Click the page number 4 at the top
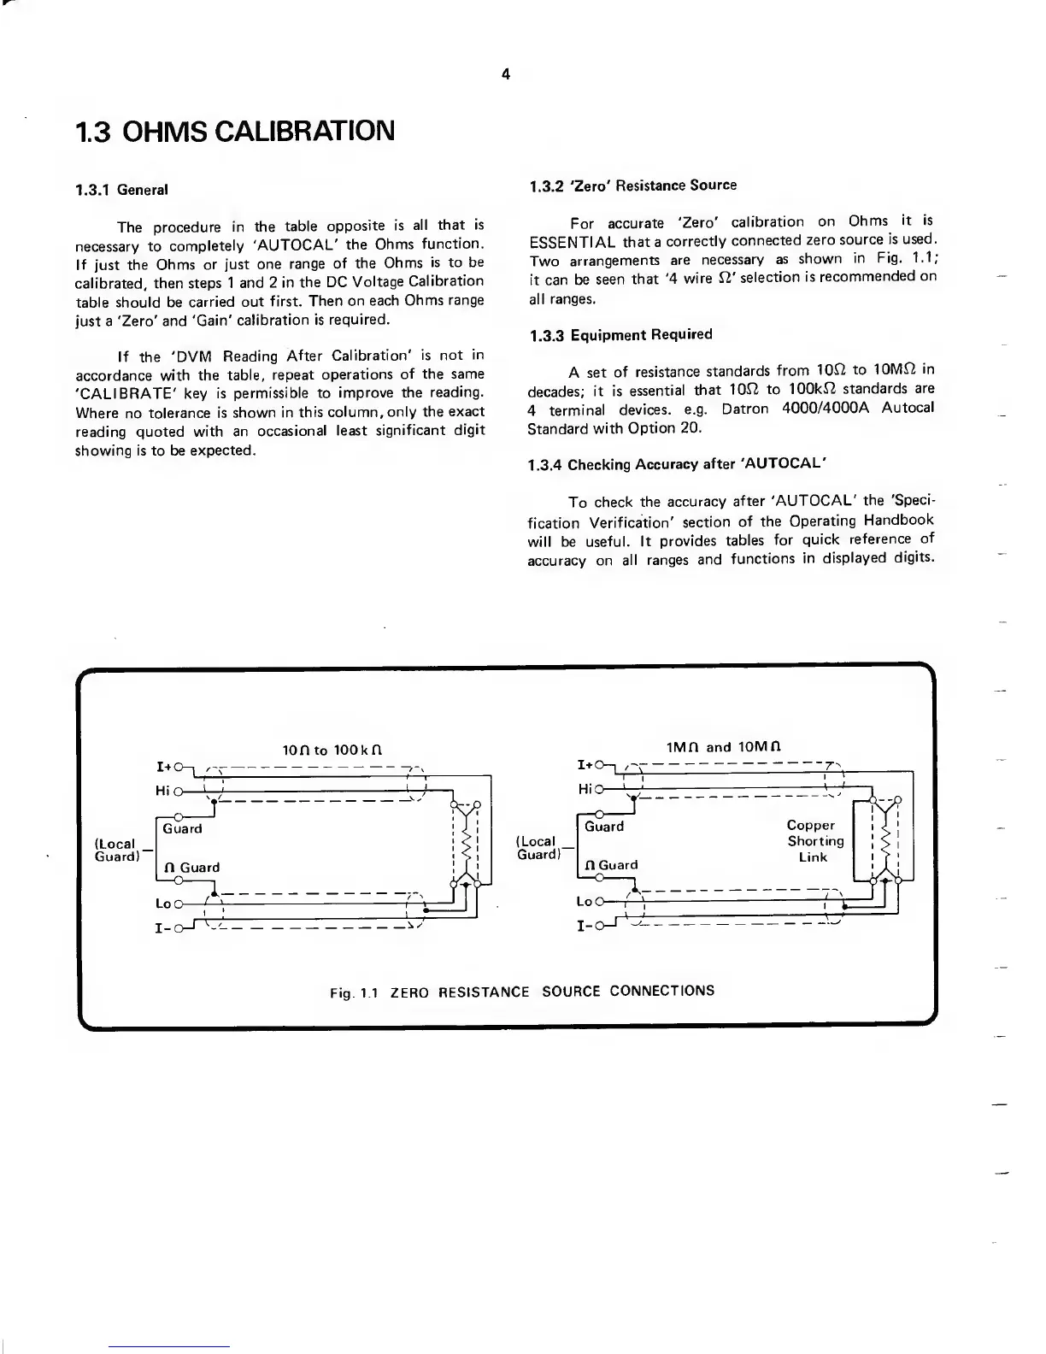(505, 74)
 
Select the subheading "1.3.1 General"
(121, 190)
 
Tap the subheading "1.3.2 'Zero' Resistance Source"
(632, 185)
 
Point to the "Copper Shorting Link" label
(814, 841)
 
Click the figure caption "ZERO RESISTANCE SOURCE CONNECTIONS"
(552, 992)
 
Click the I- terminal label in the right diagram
(585, 926)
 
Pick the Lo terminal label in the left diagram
(163, 904)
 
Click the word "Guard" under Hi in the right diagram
(604, 827)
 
